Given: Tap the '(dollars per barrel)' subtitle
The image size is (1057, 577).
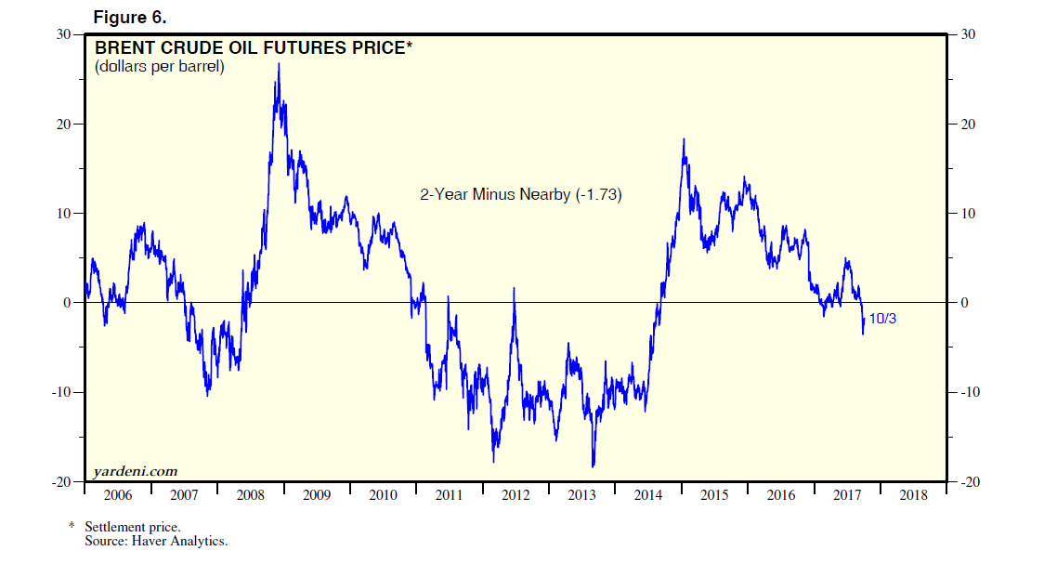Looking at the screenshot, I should tap(160, 67).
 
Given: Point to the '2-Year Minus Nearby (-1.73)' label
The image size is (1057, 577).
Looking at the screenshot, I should tap(521, 195).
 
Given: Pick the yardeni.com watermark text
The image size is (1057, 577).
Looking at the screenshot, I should tap(136, 471).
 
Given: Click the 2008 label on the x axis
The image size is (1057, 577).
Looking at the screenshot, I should tap(250, 495).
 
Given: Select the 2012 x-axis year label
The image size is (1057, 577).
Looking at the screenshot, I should tap(515, 495).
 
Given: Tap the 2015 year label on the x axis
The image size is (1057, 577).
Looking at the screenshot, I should tap(714, 495).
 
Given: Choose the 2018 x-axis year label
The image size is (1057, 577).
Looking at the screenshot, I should tap(913, 495).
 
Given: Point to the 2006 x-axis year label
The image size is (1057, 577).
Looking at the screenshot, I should tap(117, 495).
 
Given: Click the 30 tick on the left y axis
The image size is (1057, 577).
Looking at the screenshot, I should tap(64, 34).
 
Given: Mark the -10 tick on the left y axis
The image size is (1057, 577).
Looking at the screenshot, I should tap(61, 392).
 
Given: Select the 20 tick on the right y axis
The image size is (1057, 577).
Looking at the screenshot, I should tap(969, 125).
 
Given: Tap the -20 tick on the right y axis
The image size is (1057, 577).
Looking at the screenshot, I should tap(972, 482).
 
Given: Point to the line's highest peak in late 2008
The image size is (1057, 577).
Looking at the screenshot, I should tap(279, 64).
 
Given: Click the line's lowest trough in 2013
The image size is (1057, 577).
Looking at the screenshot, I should tap(593, 466).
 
